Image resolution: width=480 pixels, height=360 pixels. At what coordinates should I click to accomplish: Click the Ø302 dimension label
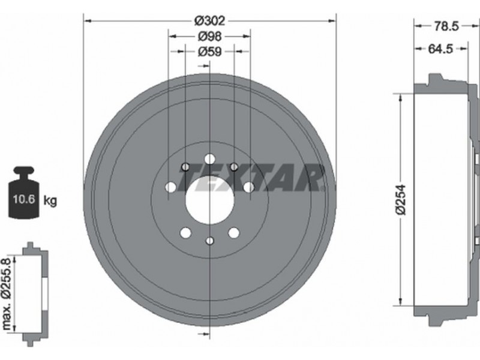tap(210, 21)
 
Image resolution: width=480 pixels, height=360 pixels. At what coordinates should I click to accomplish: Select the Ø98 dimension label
tap(210, 37)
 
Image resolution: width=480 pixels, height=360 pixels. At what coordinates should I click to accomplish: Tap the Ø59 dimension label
tap(209, 52)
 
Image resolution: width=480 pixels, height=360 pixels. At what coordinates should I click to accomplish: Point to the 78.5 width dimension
tap(446, 26)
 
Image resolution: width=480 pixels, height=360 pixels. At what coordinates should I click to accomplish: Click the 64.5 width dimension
tap(440, 49)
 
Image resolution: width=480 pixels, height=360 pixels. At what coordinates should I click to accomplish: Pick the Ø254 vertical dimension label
tap(400, 200)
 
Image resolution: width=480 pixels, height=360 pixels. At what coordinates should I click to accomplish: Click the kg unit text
tap(50, 201)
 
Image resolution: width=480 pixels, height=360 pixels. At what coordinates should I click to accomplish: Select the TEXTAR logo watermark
tap(251, 178)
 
